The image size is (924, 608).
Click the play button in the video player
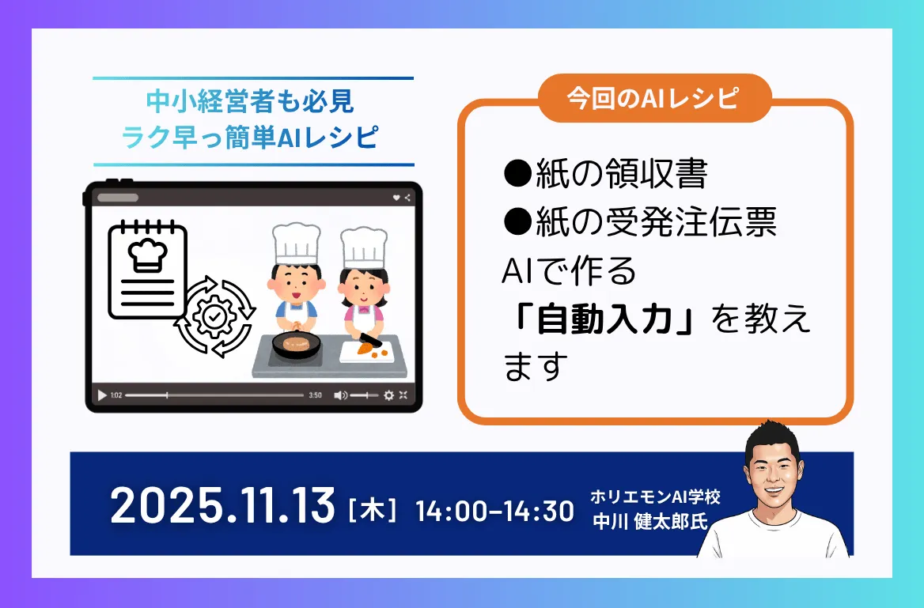[x=102, y=395]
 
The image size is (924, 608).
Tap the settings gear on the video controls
[x=388, y=395]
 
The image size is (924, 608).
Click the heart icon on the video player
[x=396, y=198]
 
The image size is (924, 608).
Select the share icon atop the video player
[x=407, y=198]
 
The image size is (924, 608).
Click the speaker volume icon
[x=340, y=395]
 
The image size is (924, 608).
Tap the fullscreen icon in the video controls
[x=403, y=395]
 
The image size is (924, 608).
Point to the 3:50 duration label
[x=315, y=395]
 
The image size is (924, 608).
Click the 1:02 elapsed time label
[x=116, y=395]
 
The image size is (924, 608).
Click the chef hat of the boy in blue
[x=296, y=243]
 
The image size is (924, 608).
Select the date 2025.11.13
[x=223, y=506]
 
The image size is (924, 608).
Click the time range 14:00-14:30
[x=494, y=511]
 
